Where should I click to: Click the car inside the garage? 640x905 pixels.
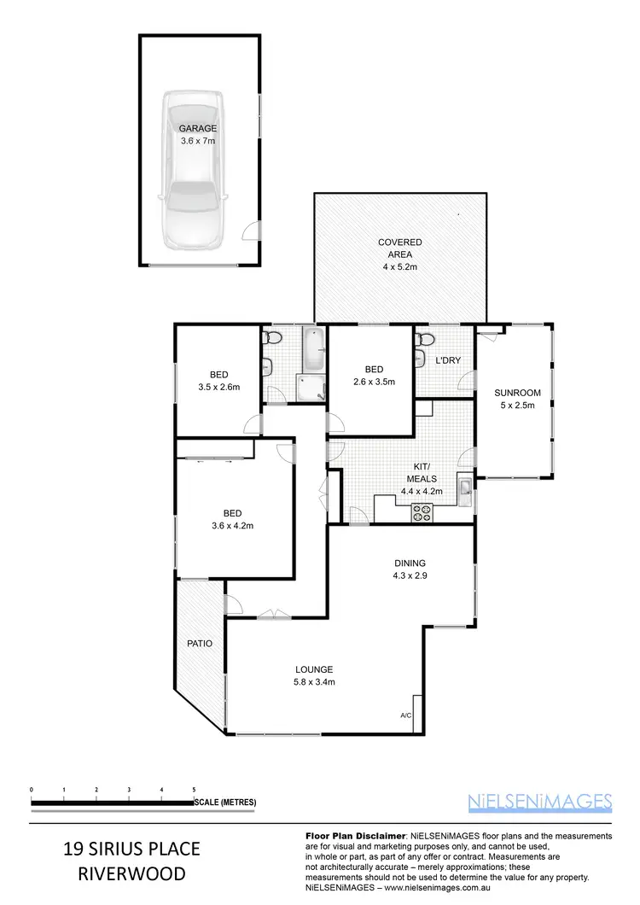pos(195,171)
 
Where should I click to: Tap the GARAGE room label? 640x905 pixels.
pos(197,128)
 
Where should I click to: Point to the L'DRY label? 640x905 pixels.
pos(448,360)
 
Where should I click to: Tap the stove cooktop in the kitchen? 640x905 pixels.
pos(422,511)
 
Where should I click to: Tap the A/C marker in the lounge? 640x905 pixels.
pos(405,715)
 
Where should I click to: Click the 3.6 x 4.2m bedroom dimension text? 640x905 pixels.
pos(232,525)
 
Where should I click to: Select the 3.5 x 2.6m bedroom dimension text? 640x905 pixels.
pos(218,387)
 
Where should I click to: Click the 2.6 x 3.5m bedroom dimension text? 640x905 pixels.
pos(374,382)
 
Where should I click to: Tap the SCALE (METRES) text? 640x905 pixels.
pos(225,803)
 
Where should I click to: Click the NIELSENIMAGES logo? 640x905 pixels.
pos(541,801)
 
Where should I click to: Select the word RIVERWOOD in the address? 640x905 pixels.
pos(131,874)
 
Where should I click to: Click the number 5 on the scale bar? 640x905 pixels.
pos(195,790)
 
